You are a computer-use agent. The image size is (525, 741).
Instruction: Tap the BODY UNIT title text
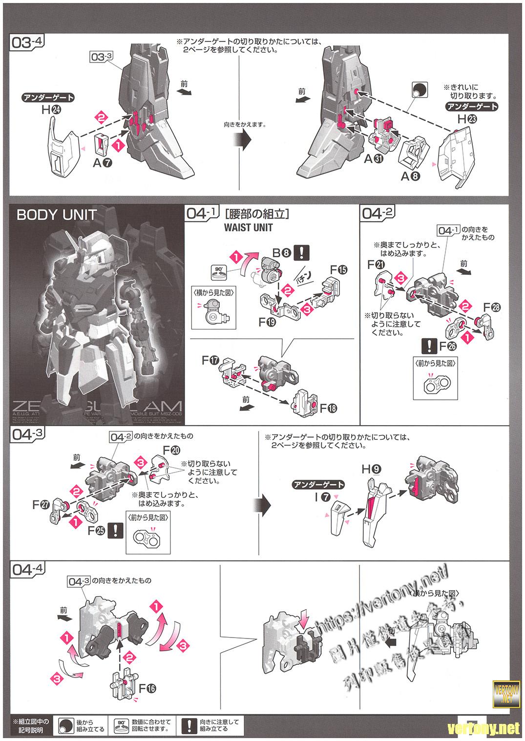click(x=57, y=215)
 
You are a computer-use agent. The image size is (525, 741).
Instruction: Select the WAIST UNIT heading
click(x=248, y=227)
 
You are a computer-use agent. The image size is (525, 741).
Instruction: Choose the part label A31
click(x=374, y=159)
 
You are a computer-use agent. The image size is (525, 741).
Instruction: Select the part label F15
click(x=338, y=269)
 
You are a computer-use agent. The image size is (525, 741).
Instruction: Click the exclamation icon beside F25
click(x=115, y=531)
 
